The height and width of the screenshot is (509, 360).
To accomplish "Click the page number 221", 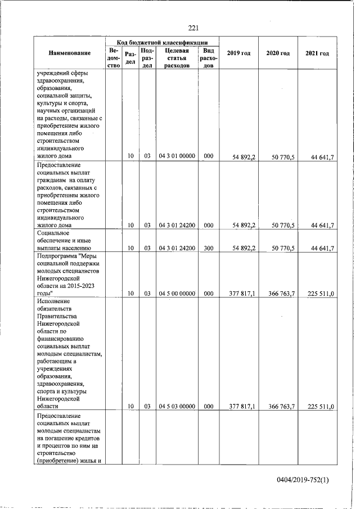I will click(193, 28).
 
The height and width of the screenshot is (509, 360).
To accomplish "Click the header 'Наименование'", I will click(70, 53).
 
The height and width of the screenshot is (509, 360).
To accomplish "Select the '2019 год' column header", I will click(238, 53).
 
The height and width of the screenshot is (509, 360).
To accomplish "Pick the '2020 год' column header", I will click(278, 53).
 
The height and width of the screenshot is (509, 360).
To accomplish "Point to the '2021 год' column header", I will click(317, 53).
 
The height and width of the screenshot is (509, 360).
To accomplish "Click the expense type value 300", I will click(209, 247).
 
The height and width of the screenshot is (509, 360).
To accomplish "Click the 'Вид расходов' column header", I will click(209, 57).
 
